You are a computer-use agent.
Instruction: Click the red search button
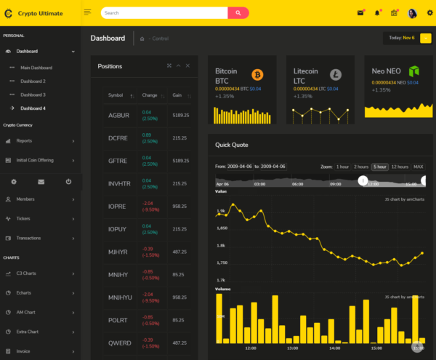click(x=238, y=13)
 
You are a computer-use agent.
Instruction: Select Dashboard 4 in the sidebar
click(x=33, y=108)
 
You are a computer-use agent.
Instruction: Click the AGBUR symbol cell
click(x=118, y=115)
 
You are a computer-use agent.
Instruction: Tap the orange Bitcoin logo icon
click(x=257, y=74)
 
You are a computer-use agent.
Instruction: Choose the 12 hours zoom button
click(x=400, y=167)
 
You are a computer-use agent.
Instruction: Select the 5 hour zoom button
click(x=379, y=167)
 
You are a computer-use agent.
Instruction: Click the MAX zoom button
click(x=419, y=167)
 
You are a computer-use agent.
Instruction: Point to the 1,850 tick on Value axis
click(x=221, y=228)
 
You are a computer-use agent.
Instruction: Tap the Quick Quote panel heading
click(x=231, y=144)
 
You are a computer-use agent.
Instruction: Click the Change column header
click(x=150, y=95)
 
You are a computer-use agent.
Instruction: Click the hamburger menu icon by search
click(x=87, y=12)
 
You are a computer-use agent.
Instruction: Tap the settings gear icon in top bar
click(x=429, y=12)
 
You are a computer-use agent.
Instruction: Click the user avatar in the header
click(x=412, y=13)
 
